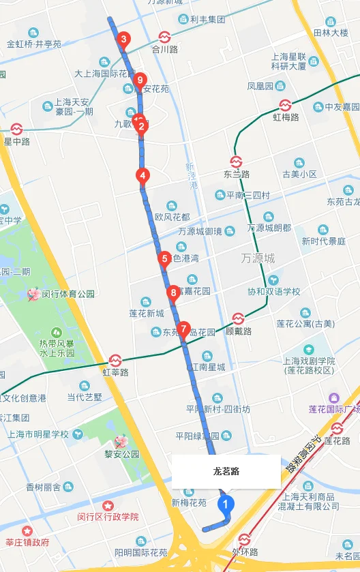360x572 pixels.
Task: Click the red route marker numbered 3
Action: [123, 40]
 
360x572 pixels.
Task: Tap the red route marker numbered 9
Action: [140, 81]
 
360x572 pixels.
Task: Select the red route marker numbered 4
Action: [142, 175]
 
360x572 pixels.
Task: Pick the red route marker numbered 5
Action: [164, 258]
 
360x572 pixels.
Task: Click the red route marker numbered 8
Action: [173, 293]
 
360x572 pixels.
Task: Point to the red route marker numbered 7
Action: [183, 329]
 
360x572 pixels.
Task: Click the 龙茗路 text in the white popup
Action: [226, 471]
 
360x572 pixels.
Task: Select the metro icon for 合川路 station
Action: [164, 37]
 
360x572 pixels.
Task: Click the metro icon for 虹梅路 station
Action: [286, 105]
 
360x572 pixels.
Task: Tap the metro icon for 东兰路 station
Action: [236, 162]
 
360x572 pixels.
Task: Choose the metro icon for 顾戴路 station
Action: [239, 318]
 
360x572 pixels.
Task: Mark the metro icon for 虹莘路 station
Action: [115, 360]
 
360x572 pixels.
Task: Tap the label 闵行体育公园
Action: [67, 294]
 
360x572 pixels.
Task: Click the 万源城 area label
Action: [258, 258]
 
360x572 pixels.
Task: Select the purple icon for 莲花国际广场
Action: [333, 397]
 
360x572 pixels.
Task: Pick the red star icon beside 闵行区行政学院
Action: [108, 506]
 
